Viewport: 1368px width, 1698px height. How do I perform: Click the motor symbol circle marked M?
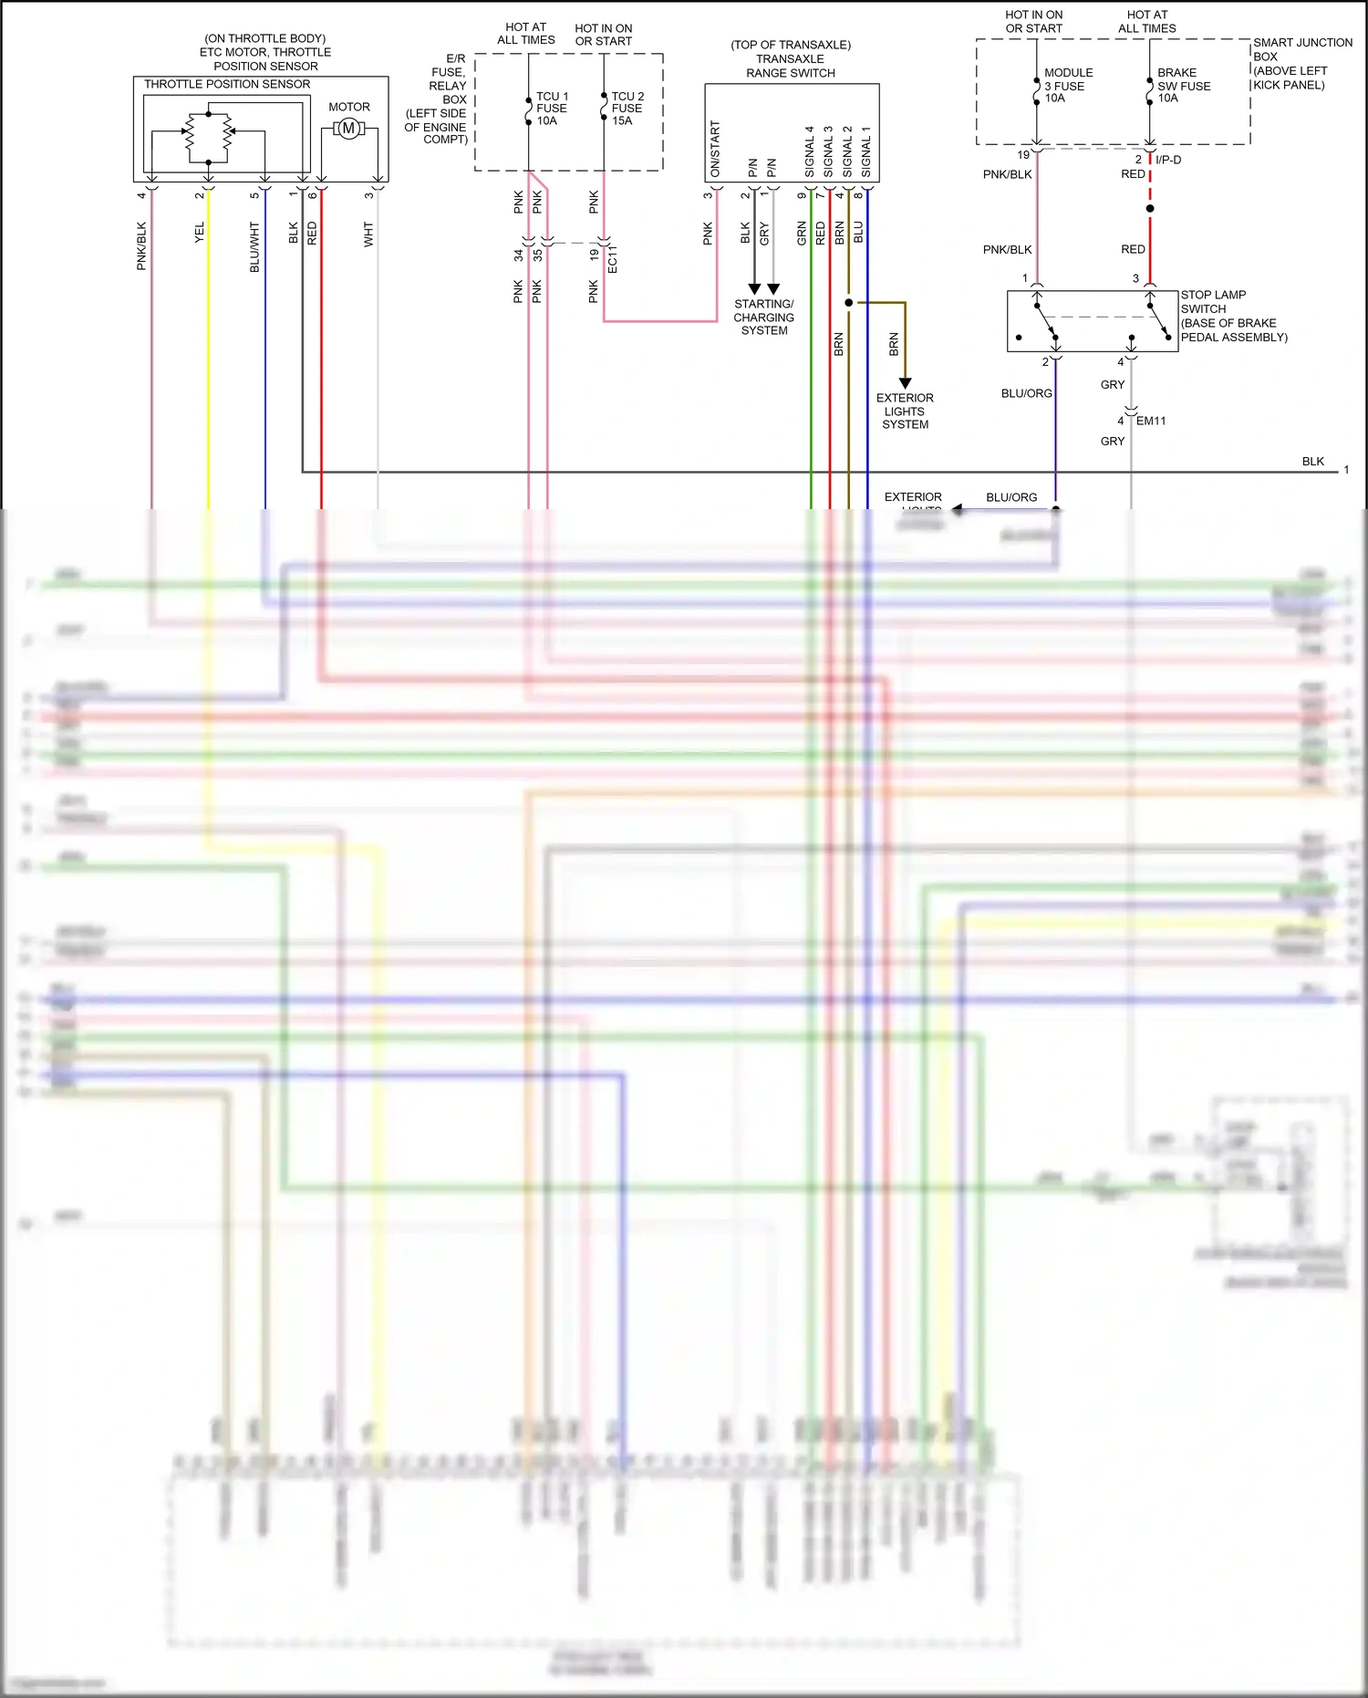point(348,130)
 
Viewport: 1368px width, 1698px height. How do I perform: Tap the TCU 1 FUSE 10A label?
point(552,109)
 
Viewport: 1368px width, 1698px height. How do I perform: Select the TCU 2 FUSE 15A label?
point(627,109)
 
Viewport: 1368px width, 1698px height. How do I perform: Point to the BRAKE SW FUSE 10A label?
point(1182,86)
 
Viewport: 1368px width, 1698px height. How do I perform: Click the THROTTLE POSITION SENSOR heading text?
point(227,84)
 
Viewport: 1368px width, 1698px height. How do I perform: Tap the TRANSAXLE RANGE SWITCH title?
point(790,59)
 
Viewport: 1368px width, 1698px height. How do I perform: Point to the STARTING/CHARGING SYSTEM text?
point(763,318)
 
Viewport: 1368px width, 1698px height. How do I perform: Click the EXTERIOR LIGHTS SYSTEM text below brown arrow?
point(905,411)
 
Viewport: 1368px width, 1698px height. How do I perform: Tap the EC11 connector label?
point(612,259)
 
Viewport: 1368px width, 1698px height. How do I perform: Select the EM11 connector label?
point(1150,421)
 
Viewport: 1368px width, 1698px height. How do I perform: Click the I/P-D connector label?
point(1168,160)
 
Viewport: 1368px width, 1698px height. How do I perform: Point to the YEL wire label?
point(200,233)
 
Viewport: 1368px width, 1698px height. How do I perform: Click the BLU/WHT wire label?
point(254,247)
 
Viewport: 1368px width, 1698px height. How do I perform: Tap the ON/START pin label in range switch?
point(715,149)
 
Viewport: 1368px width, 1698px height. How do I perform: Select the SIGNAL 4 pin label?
point(809,152)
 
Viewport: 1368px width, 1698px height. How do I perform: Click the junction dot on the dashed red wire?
point(1150,209)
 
